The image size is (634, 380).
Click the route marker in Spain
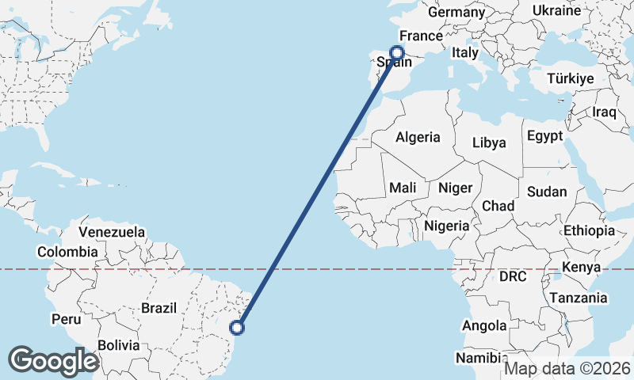click(x=397, y=53)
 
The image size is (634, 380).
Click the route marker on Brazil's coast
click(x=236, y=327)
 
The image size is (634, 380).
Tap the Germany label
click(x=456, y=12)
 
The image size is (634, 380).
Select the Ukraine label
click(x=556, y=10)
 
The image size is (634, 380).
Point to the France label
click(x=420, y=36)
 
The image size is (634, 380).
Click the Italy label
click(x=465, y=52)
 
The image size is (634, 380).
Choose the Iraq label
click(x=604, y=112)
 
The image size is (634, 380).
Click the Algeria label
click(x=418, y=137)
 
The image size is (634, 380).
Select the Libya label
click(x=488, y=143)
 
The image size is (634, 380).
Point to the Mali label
click(x=403, y=188)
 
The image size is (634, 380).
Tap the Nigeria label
click(x=447, y=226)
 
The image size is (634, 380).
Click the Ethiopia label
click(x=589, y=230)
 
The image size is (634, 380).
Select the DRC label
click(x=513, y=276)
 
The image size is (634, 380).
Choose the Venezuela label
click(x=112, y=232)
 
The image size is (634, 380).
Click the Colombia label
click(x=67, y=252)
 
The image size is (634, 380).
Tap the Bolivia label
click(x=119, y=345)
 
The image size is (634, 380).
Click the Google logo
click(x=53, y=360)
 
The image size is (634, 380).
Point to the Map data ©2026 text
click(x=567, y=368)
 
